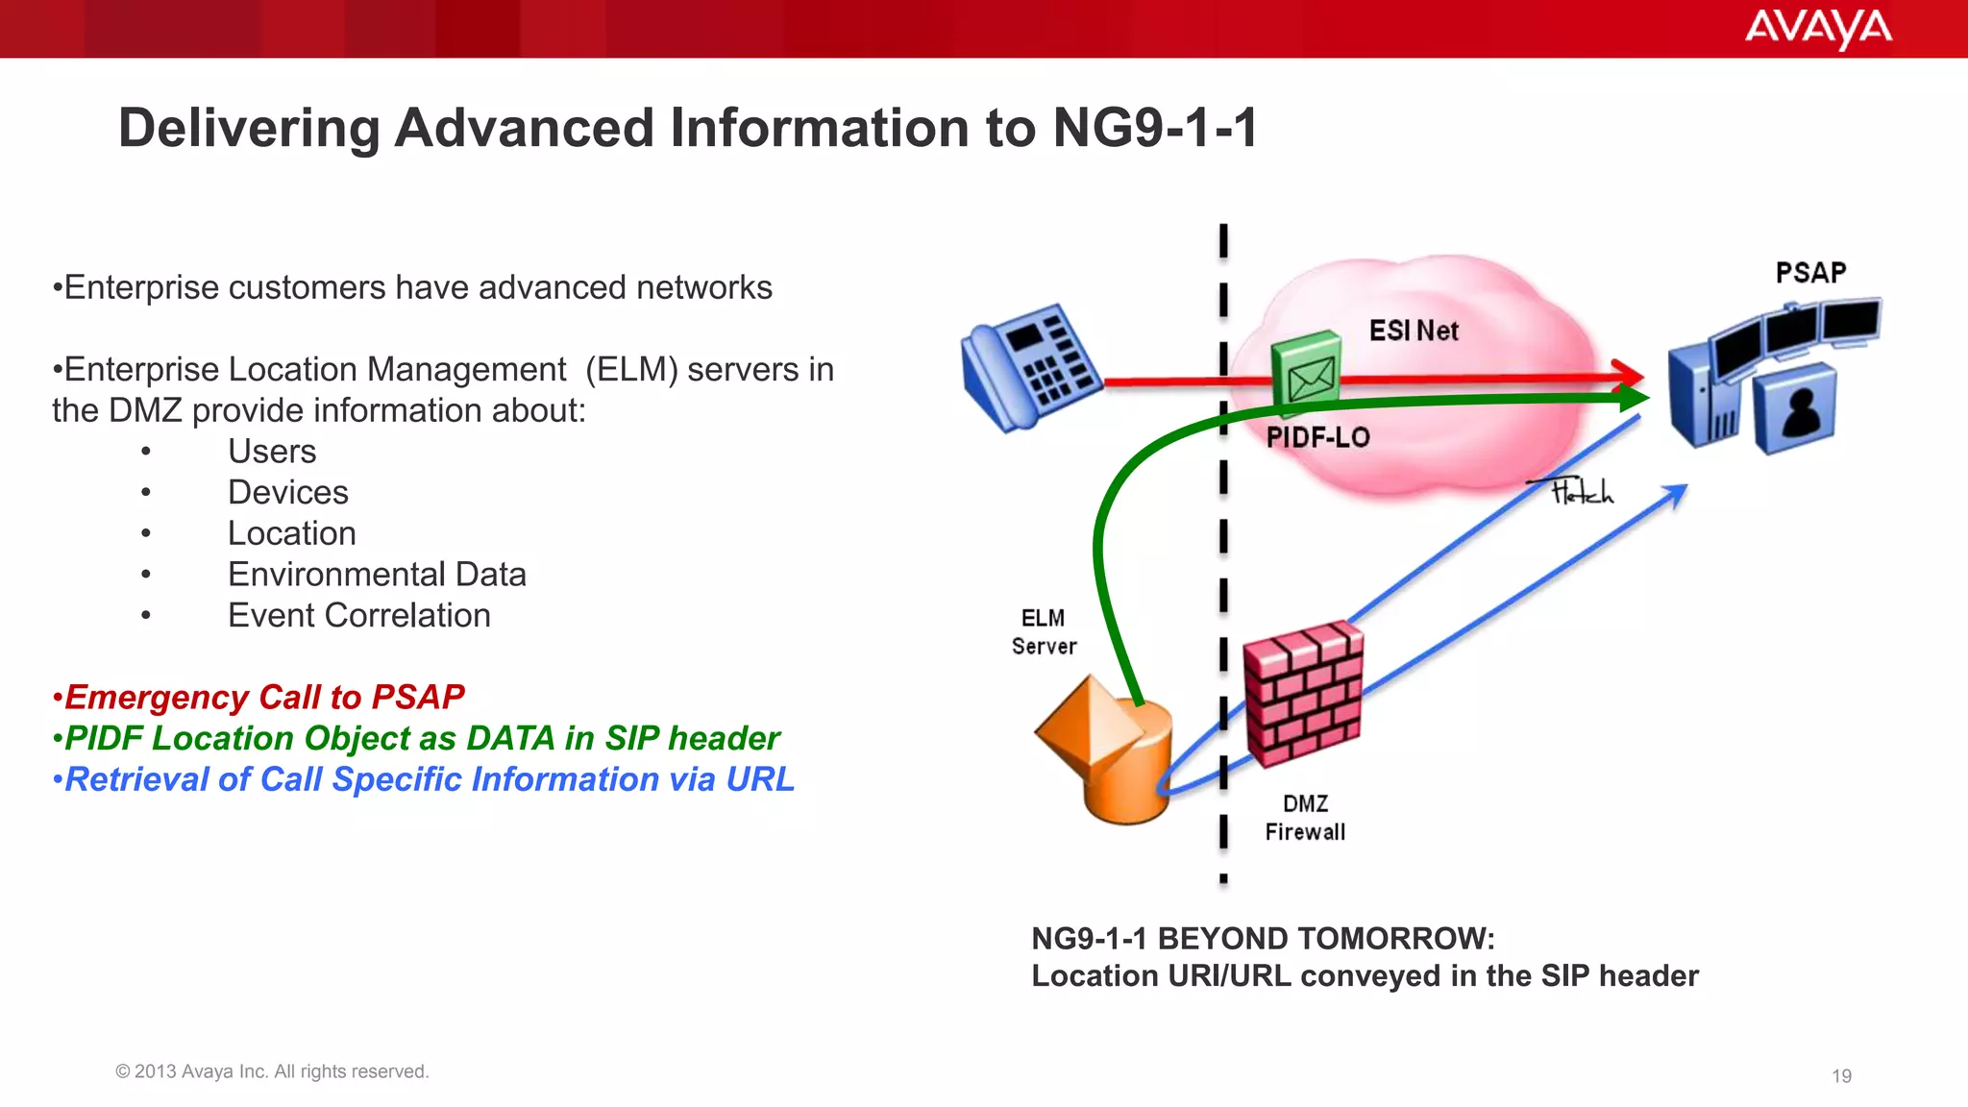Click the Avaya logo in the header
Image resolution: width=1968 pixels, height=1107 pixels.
coord(1817,29)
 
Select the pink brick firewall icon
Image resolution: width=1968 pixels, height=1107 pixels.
coord(1303,693)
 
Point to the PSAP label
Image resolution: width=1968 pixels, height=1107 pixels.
coord(1810,273)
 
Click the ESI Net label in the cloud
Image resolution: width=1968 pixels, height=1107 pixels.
coord(1414,332)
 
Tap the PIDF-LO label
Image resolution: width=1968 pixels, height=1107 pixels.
coord(1317,438)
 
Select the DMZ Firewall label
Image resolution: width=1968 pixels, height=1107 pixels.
coord(1305,818)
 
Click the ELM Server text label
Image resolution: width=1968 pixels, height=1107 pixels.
coord(1044,632)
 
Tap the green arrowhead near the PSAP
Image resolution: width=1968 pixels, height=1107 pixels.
coord(1634,397)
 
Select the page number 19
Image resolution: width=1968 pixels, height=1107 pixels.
coord(1841,1076)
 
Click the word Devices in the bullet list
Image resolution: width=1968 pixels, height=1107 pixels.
coord(287,493)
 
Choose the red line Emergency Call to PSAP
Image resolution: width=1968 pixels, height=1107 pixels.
coord(259,697)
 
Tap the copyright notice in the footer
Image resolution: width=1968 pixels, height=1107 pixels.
coord(272,1071)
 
